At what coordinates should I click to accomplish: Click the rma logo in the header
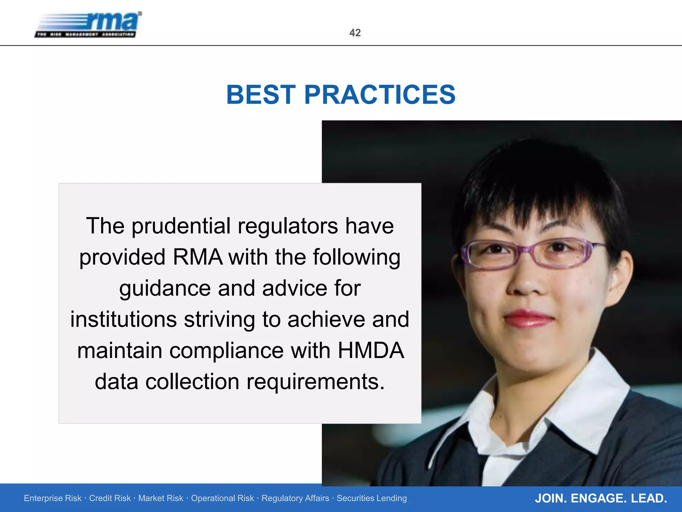(89, 25)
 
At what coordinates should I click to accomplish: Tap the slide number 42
(355, 33)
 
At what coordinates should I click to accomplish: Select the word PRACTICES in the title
(380, 95)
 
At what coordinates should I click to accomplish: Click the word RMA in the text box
(197, 257)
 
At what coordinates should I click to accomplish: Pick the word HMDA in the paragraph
(371, 351)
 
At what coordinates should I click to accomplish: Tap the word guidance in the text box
(165, 289)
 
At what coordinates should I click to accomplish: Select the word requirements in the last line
(315, 382)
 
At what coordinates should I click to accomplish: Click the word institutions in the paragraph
(123, 319)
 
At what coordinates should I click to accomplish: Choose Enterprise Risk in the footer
(53, 498)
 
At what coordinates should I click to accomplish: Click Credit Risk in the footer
(110, 498)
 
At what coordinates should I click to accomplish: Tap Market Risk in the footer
(161, 498)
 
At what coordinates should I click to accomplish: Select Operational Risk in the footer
(222, 498)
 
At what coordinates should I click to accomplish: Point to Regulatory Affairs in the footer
(295, 498)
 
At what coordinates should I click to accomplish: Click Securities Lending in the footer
(372, 498)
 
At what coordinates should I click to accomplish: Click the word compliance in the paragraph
(226, 351)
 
